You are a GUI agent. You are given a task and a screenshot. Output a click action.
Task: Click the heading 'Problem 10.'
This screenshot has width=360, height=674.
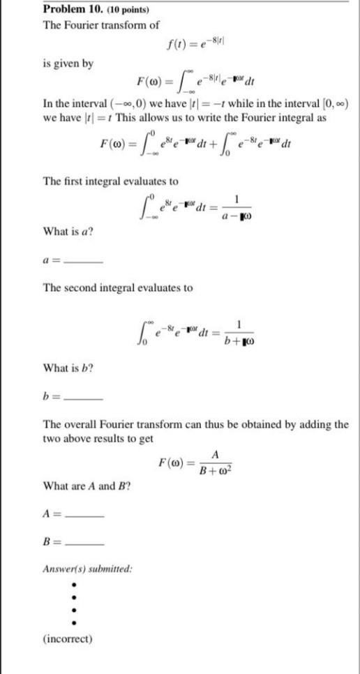(x=74, y=10)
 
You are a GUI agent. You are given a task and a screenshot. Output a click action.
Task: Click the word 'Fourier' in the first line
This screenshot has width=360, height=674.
(x=85, y=25)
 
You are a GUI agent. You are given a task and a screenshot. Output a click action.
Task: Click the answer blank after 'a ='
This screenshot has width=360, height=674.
(x=83, y=262)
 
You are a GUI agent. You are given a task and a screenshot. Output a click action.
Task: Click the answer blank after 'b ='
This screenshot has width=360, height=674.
(x=83, y=398)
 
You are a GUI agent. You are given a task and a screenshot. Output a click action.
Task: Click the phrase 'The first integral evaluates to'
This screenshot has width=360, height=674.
(x=111, y=181)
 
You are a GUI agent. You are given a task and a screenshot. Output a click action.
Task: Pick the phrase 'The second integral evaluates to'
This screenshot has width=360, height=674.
(x=118, y=287)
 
